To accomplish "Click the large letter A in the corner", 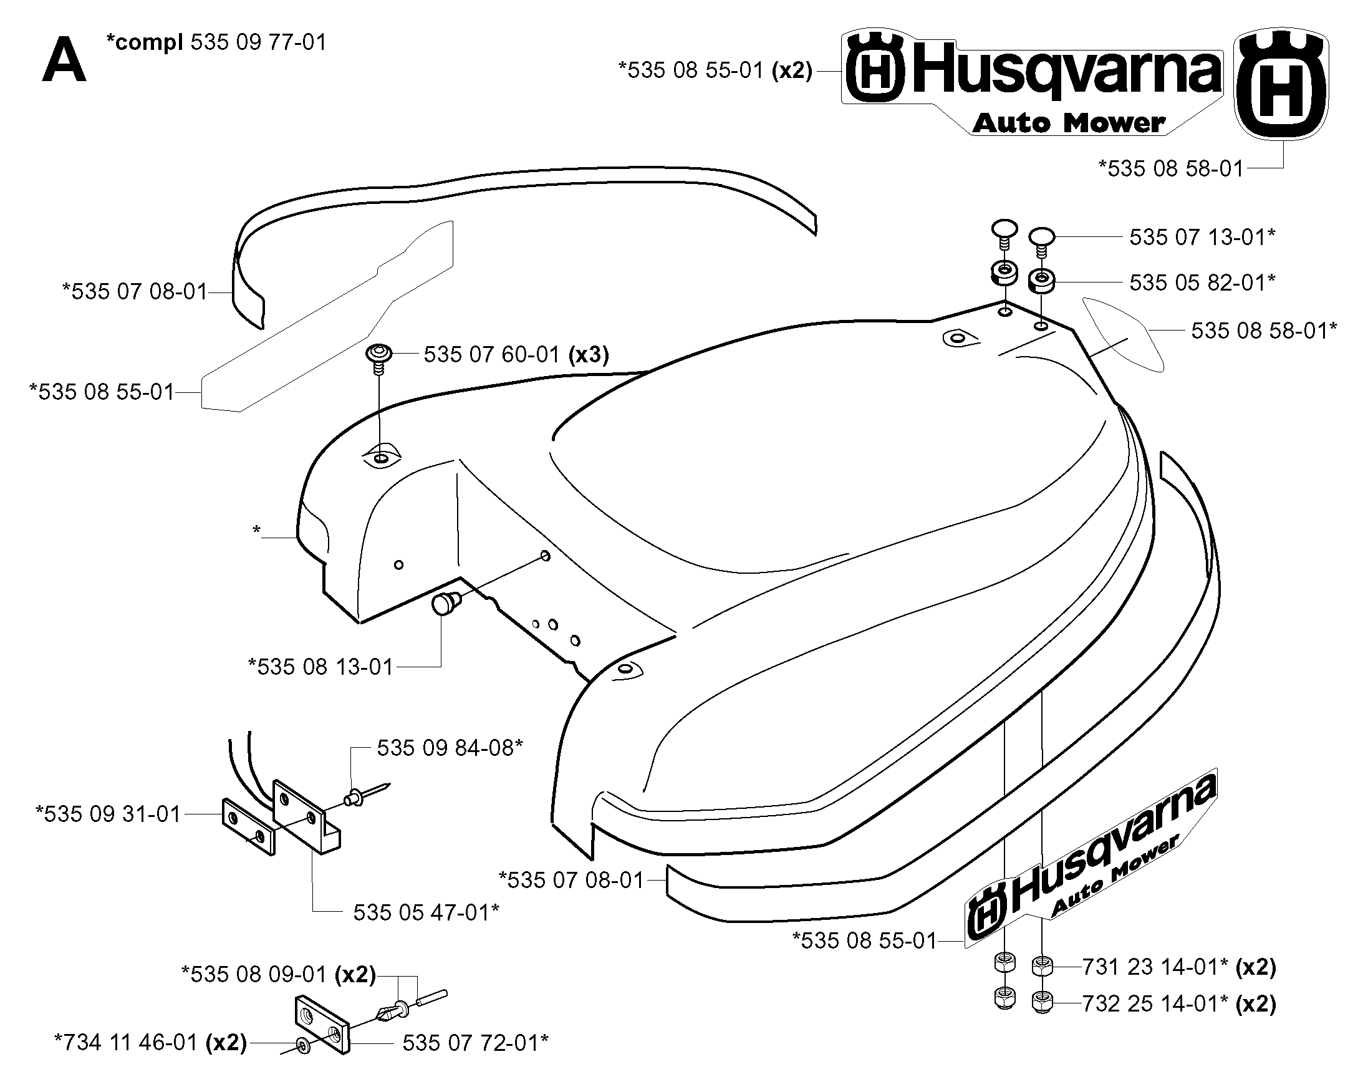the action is [64, 60].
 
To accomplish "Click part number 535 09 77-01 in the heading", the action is [259, 42].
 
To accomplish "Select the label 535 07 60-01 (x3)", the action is [516, 355].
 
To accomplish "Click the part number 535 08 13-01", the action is [320, 667].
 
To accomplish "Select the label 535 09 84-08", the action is [450, 748].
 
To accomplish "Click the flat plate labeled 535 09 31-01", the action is [248, 826].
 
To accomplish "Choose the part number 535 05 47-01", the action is [426, 912].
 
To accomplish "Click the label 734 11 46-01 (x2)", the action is [150, 1042].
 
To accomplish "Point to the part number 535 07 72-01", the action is [475, 1043].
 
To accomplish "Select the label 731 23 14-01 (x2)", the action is [1179, 967].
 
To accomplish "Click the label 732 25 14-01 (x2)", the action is [1179, 1003].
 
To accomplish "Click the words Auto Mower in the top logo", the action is [1069, 123].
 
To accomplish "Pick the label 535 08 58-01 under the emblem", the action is [1171, 169].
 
